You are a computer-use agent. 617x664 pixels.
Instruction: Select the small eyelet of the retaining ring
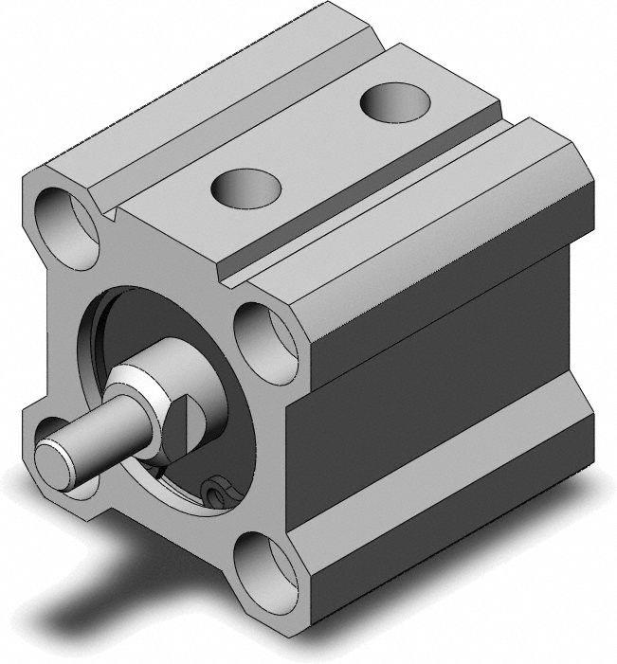(217, 491)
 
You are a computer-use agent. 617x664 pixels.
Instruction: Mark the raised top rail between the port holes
(313, 142)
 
